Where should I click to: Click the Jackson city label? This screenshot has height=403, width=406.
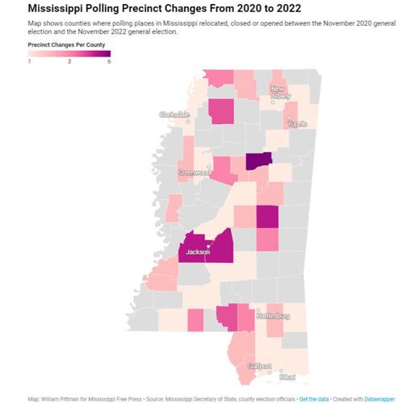click(197, 252)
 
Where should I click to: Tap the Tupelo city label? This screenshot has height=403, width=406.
click(298, 124)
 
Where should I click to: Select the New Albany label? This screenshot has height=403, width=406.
click(281, 91)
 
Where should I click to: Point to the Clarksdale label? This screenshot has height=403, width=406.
click(175, 114)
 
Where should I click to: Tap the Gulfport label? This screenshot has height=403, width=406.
click(259, 366)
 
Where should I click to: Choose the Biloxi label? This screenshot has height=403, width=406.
click(286, 376)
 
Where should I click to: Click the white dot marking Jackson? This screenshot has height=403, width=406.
click(208, 246)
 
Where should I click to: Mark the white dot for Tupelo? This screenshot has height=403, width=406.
click(290, 118)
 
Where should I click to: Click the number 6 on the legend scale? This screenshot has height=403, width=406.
click(108, 61)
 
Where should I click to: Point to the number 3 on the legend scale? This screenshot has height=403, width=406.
click(69, 61)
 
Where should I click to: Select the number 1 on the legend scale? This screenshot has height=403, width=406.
click(30, 61)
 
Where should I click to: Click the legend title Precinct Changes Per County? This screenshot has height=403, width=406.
click(66, 46)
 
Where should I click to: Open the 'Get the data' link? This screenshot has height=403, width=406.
click(317, 399)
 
